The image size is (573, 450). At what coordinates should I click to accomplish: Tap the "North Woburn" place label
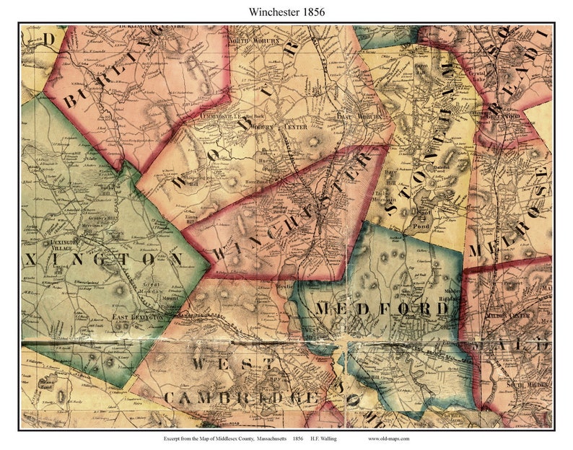248,41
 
